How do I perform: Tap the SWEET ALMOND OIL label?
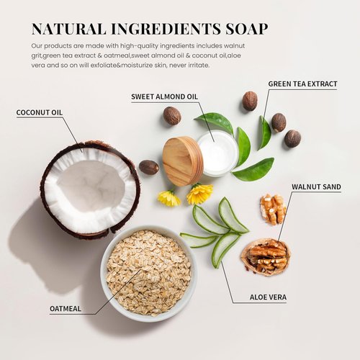click(x=166, y=96)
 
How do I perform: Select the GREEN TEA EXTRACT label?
click(x=302, y=84)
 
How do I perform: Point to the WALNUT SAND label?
click(x=316, y=187)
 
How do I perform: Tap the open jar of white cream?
click(x=217, y=153)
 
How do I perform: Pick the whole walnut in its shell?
click(x=266, y=256)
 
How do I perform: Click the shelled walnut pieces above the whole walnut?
click(x=273, y=208)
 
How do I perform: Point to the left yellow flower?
click(x=169, y=198)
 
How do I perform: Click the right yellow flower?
click(x=199, y=193)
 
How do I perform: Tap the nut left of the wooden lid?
click(x=148, y=167)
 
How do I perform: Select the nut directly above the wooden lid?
click(x=171, y=115)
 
